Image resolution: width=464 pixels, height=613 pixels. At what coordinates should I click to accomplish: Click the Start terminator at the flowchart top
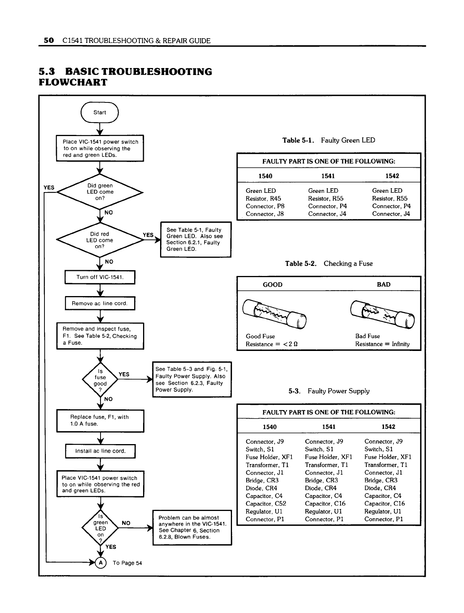99,112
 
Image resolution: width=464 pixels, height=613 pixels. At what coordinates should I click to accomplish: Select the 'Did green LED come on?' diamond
100,192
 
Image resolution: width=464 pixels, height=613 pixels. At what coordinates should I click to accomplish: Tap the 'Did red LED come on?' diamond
100,240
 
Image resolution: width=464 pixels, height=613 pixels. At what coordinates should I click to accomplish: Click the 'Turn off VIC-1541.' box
100,277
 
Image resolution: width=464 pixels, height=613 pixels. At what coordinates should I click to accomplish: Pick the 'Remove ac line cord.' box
100,303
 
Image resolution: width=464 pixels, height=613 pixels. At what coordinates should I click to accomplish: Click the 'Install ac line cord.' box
100,451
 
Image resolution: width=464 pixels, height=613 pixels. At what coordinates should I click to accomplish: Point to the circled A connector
101,563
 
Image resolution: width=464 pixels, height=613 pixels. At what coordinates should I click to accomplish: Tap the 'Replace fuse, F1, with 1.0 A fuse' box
100,421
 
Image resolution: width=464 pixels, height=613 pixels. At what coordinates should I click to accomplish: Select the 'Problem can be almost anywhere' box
192,527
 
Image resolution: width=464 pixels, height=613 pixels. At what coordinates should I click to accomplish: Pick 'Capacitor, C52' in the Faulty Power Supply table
266,504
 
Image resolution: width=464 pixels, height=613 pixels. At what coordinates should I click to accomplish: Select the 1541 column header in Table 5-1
328,176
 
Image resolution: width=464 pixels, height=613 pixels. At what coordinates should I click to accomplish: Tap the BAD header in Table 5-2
383,284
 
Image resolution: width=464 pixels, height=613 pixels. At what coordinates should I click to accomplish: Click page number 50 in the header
48,40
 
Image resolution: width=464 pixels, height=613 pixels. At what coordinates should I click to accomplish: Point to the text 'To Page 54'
127,563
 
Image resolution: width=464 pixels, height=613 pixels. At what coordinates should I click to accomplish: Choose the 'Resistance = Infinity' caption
382,344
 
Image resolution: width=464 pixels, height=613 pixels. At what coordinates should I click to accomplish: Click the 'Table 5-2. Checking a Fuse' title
329,264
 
